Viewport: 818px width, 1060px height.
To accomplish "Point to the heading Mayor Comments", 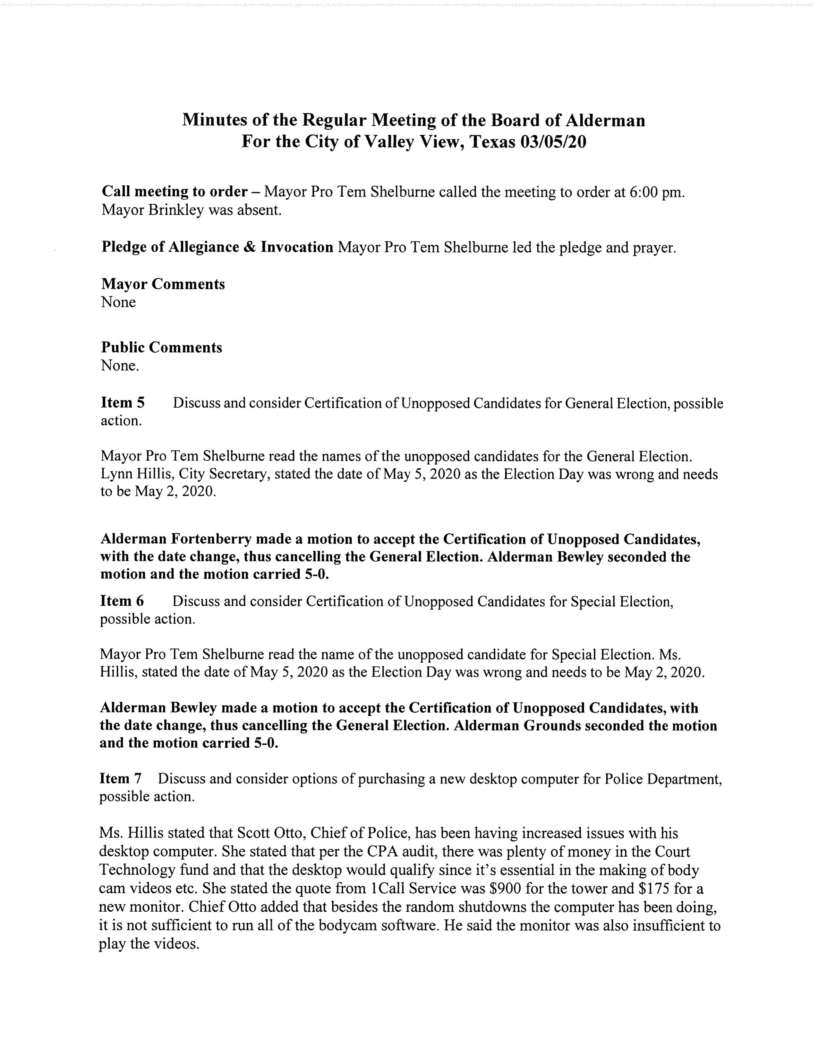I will (x=163, y=284).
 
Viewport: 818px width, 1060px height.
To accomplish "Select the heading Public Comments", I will (x=161, y=347).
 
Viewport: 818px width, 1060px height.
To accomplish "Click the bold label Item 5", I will (x=123, y=403).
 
